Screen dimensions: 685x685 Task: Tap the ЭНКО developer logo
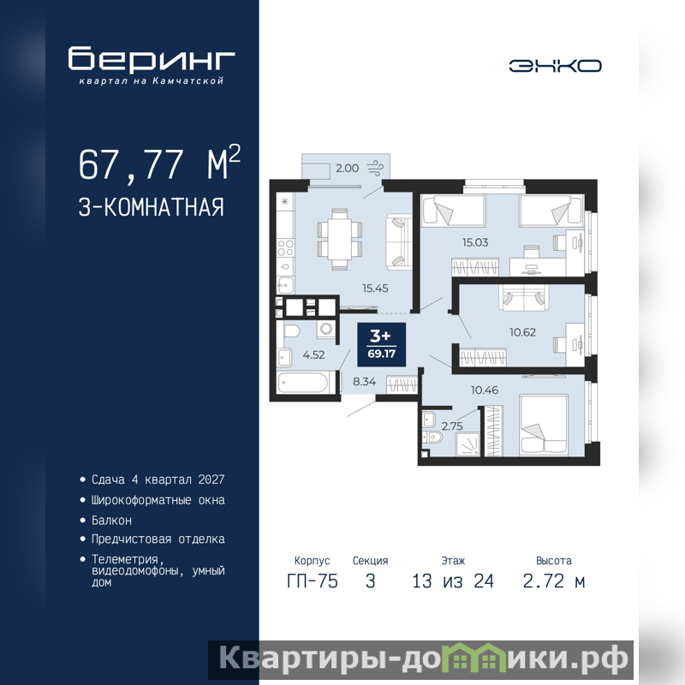[555, 66]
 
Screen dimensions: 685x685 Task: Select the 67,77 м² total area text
[159, 164]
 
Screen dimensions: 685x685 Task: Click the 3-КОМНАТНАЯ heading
[152, 207]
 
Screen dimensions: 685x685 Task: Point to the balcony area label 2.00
[348, 168]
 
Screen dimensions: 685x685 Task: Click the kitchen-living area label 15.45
[375, 288]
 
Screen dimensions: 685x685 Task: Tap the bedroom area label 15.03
[475, 242]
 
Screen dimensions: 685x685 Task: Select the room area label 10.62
[522, 332]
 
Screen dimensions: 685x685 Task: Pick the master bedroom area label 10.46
[485, 390]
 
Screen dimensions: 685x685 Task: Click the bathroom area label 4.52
[313, 354]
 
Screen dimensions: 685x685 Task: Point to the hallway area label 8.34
[365, 381]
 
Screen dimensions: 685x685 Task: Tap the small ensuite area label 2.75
[452, 426]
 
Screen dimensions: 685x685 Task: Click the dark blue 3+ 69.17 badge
[381, 345]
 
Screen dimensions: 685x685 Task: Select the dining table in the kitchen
[339, 240]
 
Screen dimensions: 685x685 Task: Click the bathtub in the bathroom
[304, 383]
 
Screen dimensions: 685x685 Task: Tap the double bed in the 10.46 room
[544, 425]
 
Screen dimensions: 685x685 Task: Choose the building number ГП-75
[313, 581]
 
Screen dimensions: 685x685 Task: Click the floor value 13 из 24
[453, 581]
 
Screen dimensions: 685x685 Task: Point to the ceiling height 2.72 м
[553, 581]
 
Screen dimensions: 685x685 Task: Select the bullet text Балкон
[111, 521]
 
